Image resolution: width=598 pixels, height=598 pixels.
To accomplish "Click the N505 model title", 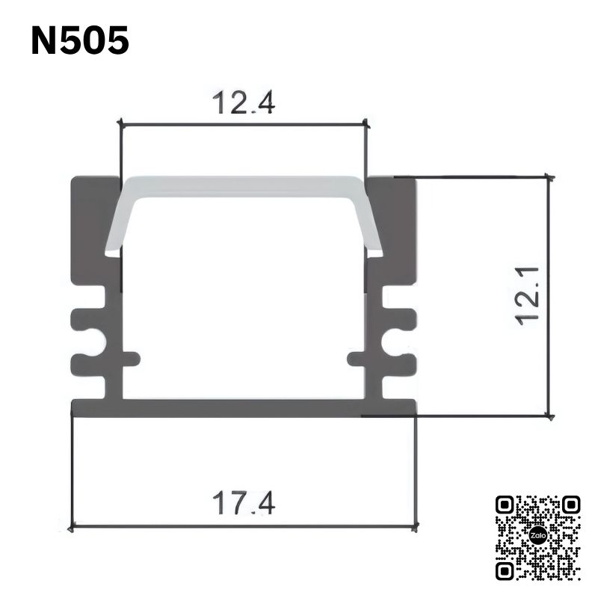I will pos(80,42).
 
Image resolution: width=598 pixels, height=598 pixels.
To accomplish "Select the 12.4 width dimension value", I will pos(244,102).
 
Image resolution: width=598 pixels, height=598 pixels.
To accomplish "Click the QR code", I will pos(538,537).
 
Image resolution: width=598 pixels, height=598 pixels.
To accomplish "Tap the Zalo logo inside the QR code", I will pos(538,536).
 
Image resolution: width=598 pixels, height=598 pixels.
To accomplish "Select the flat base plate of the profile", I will pos(244,407).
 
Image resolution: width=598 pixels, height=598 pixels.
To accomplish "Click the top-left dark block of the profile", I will pos(94,224).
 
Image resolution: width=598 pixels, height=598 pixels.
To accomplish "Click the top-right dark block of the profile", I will pos(393,224).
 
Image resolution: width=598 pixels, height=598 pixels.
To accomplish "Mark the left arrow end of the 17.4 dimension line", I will pos(72,527).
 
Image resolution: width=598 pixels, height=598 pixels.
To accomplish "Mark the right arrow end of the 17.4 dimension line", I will pos(416,527).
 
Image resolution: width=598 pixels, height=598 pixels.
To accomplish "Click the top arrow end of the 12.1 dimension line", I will pos(551,178).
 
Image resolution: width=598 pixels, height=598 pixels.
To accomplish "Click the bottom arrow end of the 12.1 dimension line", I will pos(551,416).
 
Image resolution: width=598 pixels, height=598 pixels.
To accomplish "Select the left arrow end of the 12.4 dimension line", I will pos(120,124).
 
